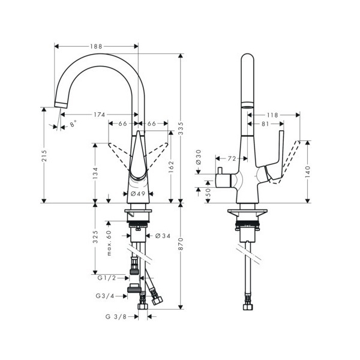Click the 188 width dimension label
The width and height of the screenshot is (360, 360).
point(96,46)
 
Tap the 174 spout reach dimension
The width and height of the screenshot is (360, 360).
point(99,115)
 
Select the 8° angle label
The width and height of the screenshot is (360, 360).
point(73,124)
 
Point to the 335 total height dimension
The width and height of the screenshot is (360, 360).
point(181,128)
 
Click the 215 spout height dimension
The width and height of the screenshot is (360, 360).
point(44,155)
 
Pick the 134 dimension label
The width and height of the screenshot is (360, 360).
point(95,173)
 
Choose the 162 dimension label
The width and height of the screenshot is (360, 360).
point(171,167)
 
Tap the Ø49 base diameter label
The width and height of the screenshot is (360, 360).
point(138,194)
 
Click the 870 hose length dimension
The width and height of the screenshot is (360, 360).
point(181,244)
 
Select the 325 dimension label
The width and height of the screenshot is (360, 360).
point(95,237)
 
